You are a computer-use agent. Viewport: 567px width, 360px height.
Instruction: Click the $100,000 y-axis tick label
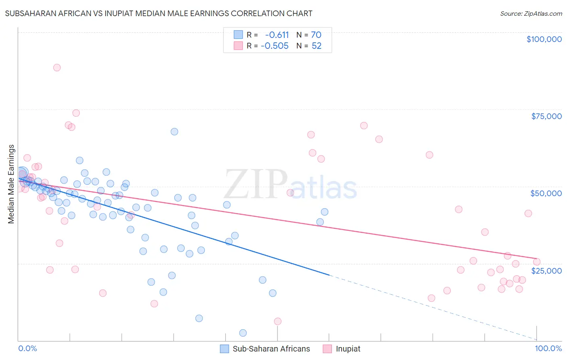point(544,39)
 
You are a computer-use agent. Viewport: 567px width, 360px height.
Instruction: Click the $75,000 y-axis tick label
point(546,116)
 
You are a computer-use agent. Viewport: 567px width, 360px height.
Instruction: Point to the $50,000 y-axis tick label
point(546,193)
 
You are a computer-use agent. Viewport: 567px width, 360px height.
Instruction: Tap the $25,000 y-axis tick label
point(546,270)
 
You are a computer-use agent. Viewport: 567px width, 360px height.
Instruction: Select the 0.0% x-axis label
point(27,348)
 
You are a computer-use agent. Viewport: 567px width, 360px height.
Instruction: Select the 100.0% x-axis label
point(548,348)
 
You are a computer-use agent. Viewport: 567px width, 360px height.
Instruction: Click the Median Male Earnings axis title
point(11,184)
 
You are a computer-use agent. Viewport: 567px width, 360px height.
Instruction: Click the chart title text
point(158,13)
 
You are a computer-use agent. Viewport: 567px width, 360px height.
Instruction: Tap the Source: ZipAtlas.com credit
point(531,14)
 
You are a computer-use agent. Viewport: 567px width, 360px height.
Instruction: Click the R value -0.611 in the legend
point(277,35)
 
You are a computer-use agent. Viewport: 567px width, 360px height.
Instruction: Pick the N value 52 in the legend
point(316,46)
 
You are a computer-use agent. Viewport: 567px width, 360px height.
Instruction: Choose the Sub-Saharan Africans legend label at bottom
point(271,349)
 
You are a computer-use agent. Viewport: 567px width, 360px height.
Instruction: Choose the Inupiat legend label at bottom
point(348,349)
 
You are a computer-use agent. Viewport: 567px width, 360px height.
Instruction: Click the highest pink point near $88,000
point(57,67)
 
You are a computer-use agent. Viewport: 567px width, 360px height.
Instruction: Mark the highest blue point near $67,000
point(174,132)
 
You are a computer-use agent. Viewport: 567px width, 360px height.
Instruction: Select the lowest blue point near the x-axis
point(243,333)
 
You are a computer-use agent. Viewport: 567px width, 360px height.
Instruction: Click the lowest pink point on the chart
point(277,321)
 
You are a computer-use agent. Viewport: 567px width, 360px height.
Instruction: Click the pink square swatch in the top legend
point(238,46)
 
